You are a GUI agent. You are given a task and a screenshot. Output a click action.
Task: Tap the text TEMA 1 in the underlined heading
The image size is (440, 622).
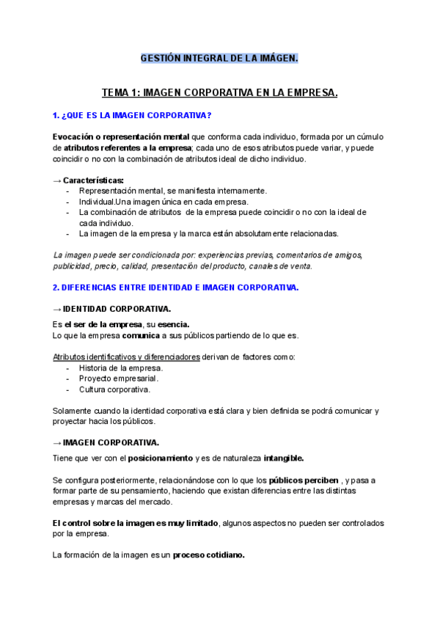click(x=119, y=93)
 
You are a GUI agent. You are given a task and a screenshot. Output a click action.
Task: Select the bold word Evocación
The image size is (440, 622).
click(x=75, y=137)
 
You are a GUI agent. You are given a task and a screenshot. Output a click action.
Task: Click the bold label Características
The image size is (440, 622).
click(x=93, y=180)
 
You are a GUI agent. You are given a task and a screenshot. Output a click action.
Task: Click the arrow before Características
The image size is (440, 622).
click(x=57, y=180)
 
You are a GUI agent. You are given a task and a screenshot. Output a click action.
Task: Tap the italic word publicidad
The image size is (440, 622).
click(x=71, y=266)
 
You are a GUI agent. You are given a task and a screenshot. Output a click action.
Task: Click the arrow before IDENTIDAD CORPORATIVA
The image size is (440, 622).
click(x=57, y=310)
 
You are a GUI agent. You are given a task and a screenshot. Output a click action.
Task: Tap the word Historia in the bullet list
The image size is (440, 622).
click(x=95, y=367)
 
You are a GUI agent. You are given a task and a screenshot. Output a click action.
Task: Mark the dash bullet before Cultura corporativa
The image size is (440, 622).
click(x=68, y=389)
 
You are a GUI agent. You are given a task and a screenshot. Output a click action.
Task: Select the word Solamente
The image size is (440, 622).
click(x=74, y=411)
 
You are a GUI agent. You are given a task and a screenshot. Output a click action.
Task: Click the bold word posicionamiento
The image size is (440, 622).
click(x=160, y=458)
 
